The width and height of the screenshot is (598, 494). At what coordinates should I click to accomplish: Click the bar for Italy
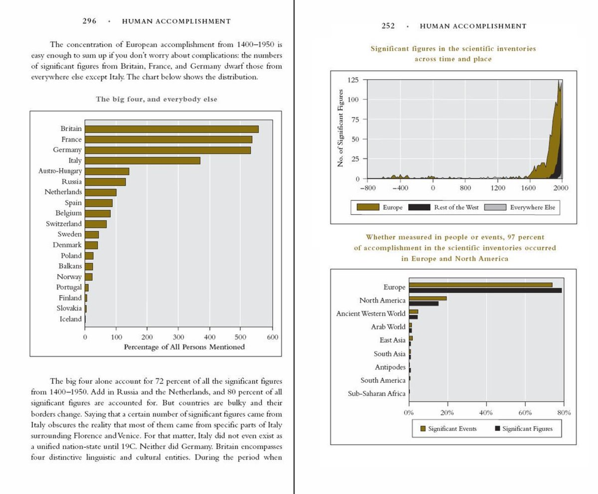click(143, 161)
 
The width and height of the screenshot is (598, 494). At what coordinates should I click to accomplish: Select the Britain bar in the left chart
click(171, 129)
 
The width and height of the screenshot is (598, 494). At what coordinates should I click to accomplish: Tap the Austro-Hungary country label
click(60, 171)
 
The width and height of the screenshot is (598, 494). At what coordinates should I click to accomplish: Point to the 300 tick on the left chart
click(178, 337)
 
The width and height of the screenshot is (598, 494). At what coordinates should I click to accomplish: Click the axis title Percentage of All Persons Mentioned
click(184, 347)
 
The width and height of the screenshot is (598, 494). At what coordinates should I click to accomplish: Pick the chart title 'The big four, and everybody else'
click(156, 99)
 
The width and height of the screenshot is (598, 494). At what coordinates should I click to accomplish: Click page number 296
click(90, 21)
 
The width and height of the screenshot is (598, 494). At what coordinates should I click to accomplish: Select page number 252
click(388, 26)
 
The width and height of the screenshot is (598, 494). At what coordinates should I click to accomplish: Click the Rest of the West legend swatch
click(419, 207)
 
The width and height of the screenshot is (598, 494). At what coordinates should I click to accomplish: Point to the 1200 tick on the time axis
click(497, 188)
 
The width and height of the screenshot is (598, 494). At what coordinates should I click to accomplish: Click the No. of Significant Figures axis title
click(341, 128)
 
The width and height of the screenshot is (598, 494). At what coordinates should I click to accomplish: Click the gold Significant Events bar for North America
click(428, 298)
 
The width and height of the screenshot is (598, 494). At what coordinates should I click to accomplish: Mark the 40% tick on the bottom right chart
click(486, 413)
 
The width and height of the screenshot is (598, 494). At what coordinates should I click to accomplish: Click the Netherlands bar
click(101, 192)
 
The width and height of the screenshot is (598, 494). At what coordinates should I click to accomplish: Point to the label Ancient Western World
click(371, 314)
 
